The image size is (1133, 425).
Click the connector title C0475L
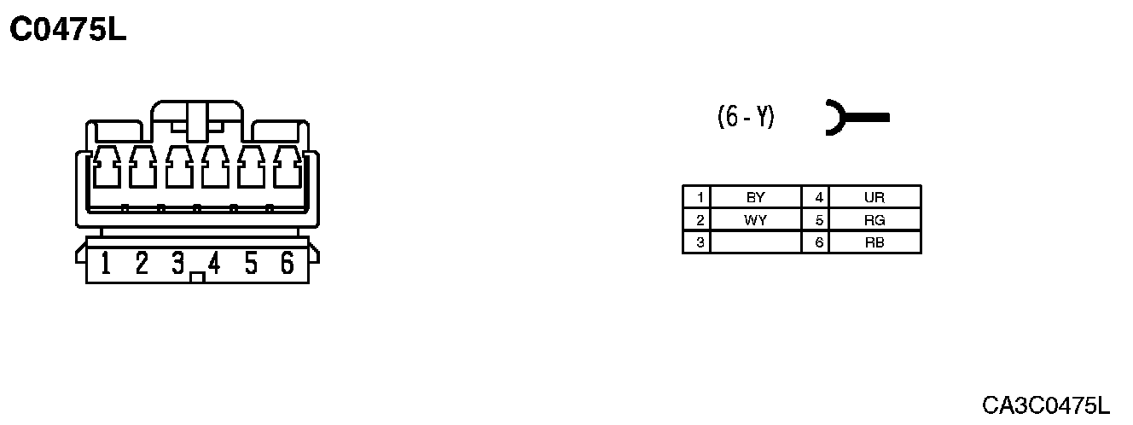68,31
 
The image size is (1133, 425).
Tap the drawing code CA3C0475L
1045,405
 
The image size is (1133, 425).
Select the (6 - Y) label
747,118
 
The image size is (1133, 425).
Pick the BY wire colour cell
755,197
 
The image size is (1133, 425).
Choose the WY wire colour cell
755,220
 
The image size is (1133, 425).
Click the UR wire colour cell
874,197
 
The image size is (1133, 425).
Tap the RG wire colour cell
874,220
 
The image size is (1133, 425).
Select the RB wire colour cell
874,242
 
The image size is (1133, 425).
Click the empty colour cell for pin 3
755,242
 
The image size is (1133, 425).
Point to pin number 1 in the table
700,197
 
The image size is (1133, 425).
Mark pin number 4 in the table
819,197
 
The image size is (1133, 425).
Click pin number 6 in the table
819,242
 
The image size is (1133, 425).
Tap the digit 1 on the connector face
106,264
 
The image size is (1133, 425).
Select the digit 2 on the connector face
142,264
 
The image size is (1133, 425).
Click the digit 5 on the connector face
251,264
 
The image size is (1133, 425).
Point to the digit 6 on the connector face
288,264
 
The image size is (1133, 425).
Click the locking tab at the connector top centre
197,121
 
